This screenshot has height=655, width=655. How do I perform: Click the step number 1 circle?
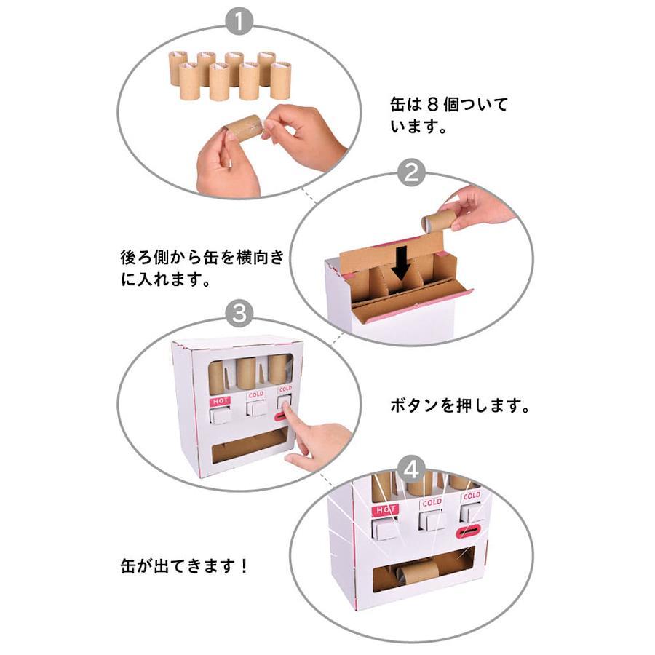[239, 21]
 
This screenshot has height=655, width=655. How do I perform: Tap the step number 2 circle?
[411, 172]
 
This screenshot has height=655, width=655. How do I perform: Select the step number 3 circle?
[239, 313]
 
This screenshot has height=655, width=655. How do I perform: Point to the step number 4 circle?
[411, 469]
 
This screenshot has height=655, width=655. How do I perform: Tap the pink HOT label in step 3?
[220, 402]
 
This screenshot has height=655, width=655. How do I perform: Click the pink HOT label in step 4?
[385, 510]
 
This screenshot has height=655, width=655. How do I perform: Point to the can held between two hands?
[245, 127]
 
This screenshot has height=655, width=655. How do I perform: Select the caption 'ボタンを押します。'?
[459, 405]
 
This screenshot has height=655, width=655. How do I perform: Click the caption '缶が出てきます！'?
[184, 566]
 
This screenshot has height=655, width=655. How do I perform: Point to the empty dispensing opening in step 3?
[249, 446]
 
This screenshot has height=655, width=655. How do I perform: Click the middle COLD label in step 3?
[255, 394]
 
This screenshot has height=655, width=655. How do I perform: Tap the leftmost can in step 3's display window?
[216, 378]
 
